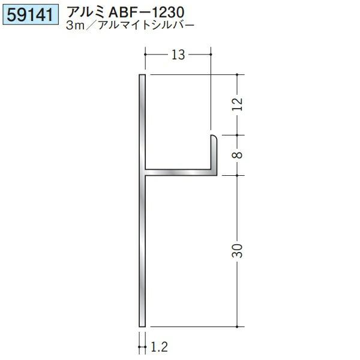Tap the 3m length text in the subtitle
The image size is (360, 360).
pyautogui.click(x=77, y=26)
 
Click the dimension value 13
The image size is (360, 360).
pyautogui.click(x=177, y=56)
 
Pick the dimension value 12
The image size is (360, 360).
pyautogui.click(x=238, y=104)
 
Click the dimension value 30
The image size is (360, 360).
pyautogui.click(x=238, y=251)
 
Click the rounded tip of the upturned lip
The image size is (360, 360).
pyautogui.click(x=213, y=137)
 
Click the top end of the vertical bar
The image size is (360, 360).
pyautogui.click(x=142, y=77)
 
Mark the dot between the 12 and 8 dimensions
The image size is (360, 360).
pyautogui.click(x=239, y=134)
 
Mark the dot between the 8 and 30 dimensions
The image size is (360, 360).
pyautogui.click(x=239, y=175)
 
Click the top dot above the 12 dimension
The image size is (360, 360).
pyautogui.click(x=239, y=75)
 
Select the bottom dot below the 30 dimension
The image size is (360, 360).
pyautogui.click(x=239, y=326)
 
